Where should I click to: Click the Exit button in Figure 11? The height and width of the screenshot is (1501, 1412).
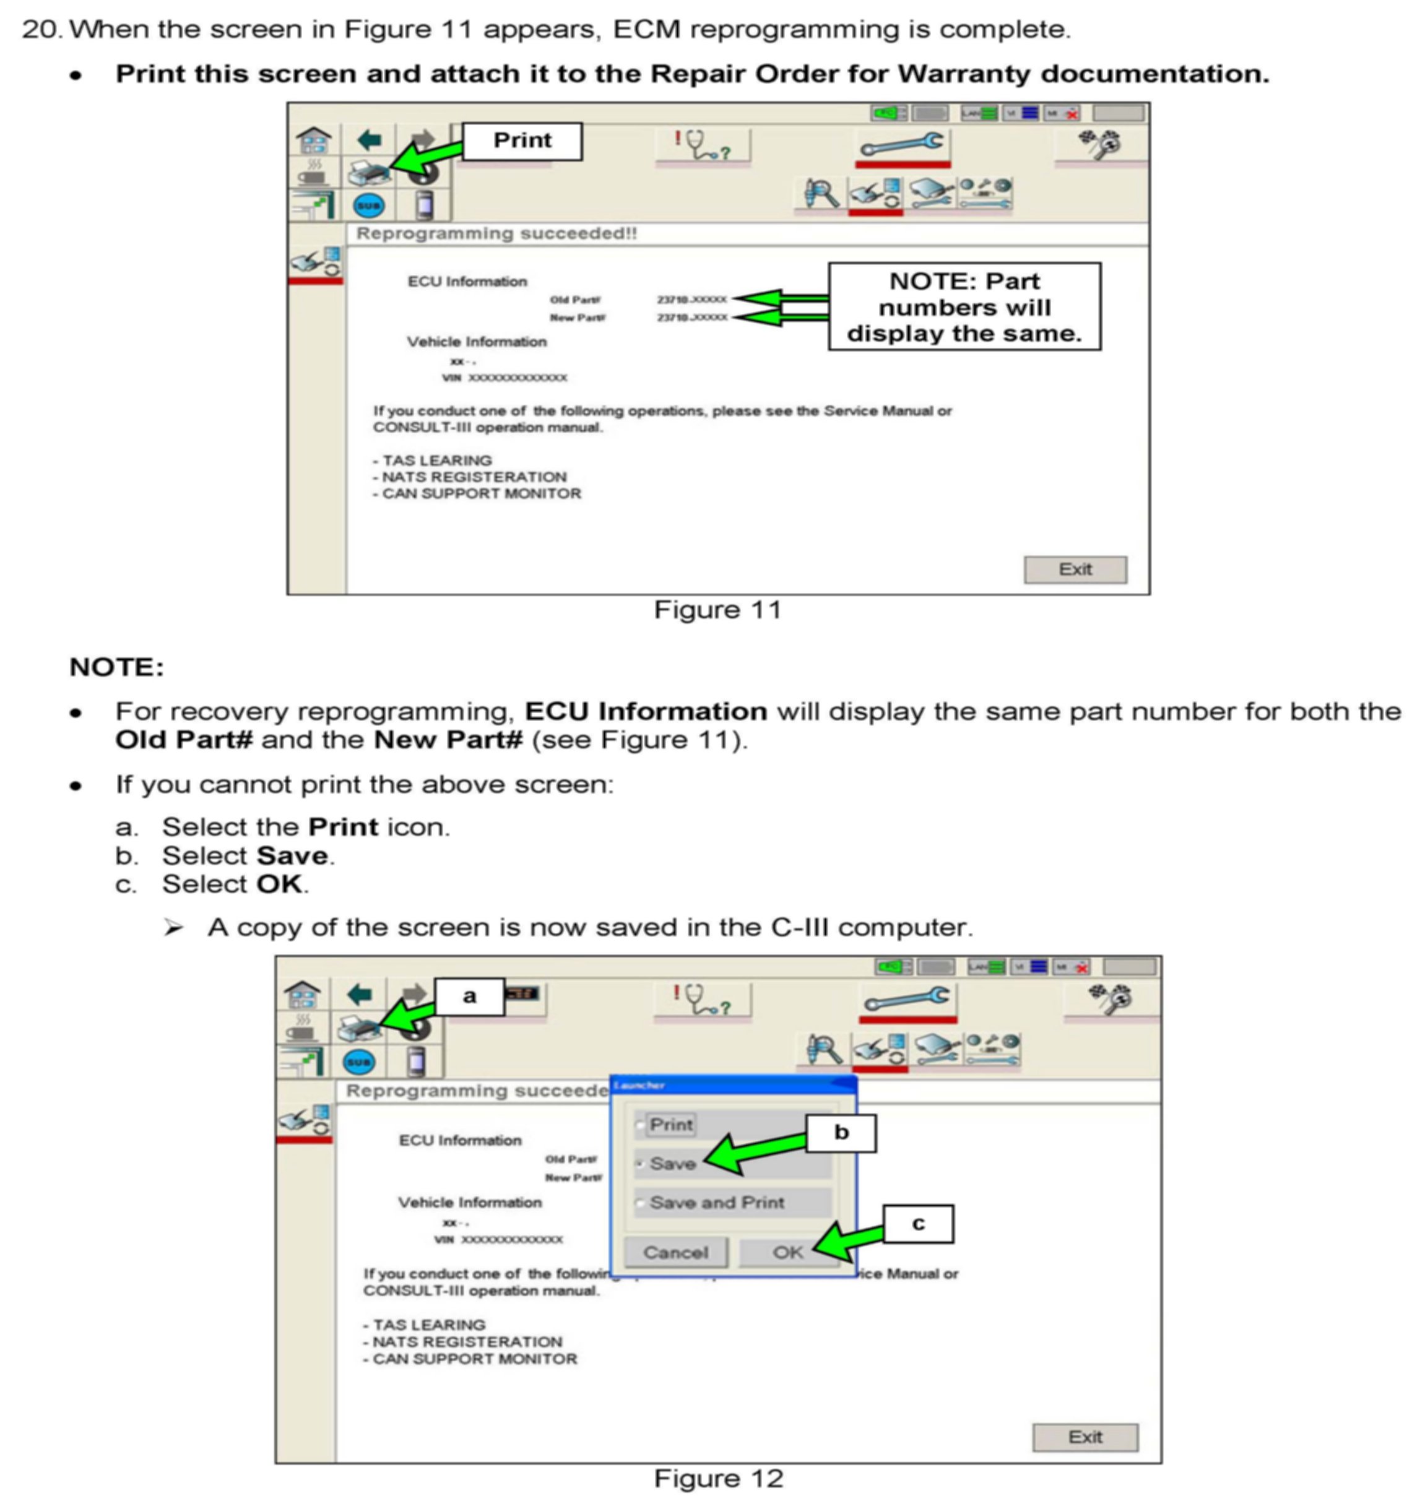pyautogui.click(x=1075, y=569)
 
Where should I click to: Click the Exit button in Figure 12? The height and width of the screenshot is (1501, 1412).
pyautogui.click(x=1085, y=1437)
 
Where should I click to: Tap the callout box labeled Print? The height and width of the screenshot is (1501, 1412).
pyautogui.click(x=522, y=141)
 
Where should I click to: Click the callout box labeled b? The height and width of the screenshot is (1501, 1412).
pyautogui.click(x=841, y=1133)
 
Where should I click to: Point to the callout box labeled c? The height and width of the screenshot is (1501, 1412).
pyautogui.click(x=917, y=1223)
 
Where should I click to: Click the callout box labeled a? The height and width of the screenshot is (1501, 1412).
pyautogui.click(x=469, y=997)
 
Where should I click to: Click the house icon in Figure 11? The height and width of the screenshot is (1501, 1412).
pyautogui.click(x=313, y=141)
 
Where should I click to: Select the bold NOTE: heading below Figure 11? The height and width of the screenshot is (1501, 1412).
pyautogui.click(x=116, y=667)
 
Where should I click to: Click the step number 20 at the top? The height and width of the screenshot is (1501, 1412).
pyautogui.click(x=41, y=30)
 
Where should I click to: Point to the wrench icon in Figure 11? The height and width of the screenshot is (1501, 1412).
pyautogui.click(x=903, y=144)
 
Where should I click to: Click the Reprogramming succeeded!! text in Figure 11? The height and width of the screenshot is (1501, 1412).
pyautogui.click(x=496, y=234)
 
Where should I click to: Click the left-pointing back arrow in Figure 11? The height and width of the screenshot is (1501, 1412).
pyautogui.click(x=369, y=141)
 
